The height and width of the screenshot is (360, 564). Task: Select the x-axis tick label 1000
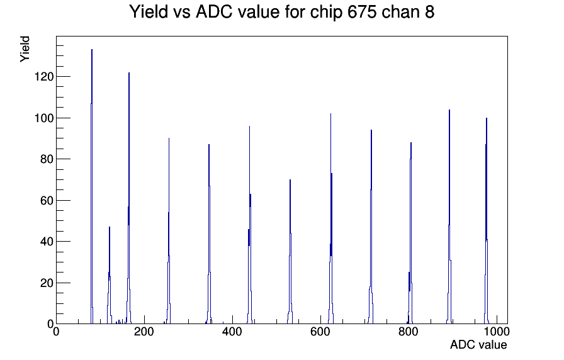click(497, 332)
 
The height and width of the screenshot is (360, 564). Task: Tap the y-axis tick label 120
click(44, 77)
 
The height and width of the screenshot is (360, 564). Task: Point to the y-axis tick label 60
click(47, 200)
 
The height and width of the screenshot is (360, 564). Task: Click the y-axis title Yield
click(25, 49)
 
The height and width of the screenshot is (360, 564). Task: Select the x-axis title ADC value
click(478, 345)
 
